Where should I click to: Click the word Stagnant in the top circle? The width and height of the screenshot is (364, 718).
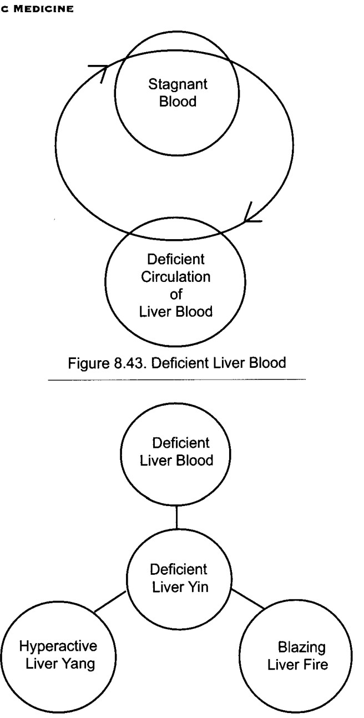click(x=178, y=85)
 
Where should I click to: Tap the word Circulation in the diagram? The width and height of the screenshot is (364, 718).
click(x=175, y=277)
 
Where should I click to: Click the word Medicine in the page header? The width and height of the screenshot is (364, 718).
click(x=44, y=9)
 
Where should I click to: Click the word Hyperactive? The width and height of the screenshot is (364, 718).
click(x=58, y=646)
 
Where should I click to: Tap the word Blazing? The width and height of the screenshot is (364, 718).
click(x=302, y=648)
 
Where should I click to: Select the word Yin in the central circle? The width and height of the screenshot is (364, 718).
click(x=198, y=587)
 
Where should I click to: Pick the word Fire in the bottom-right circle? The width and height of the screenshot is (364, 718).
click(x=316, y=664)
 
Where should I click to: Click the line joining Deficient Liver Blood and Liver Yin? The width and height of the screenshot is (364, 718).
click(x=176, y=518)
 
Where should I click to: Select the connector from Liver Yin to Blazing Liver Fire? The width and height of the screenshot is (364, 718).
click(x=247, y=599)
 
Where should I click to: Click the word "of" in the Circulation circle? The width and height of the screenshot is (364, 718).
click(x=176, y=294)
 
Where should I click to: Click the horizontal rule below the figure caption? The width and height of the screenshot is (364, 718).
click(x=177, y=380)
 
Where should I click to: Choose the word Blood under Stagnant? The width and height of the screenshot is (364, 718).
click(x=178, y=102)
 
